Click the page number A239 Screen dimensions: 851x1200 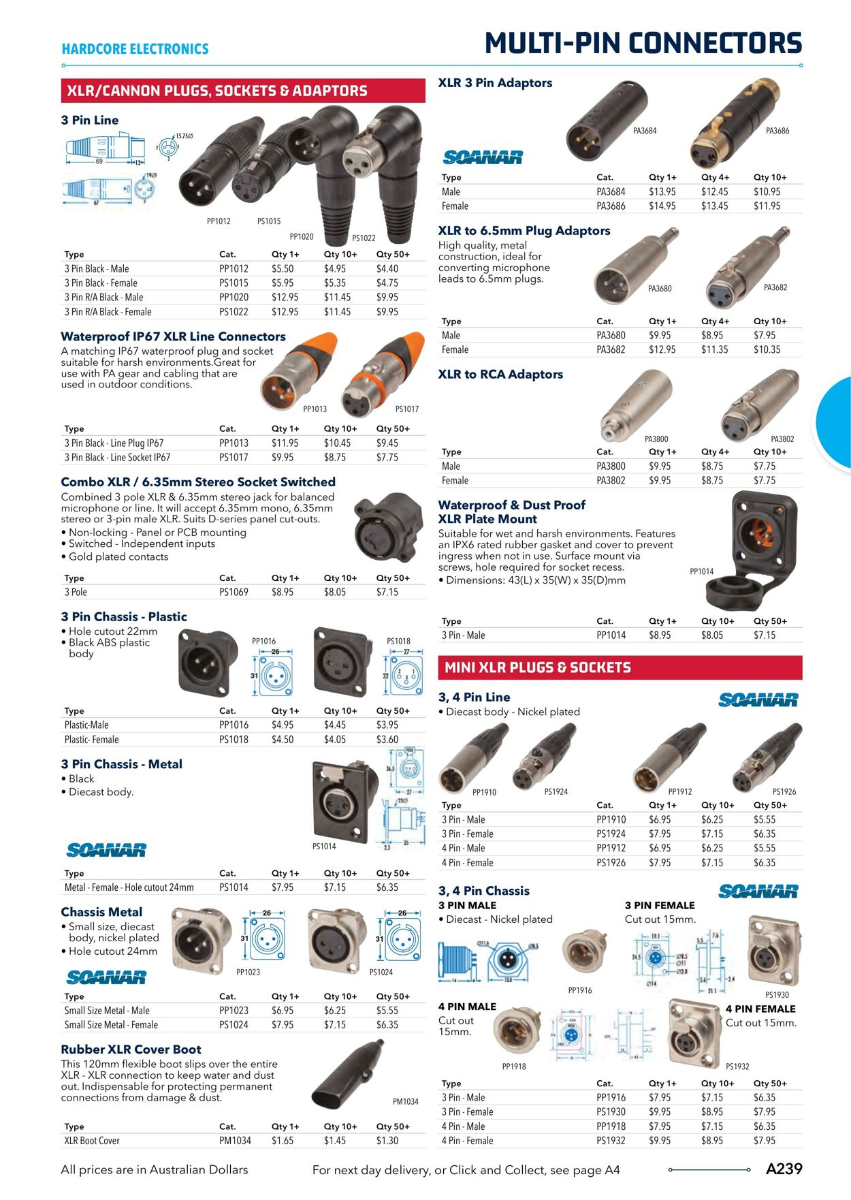(784, 1169)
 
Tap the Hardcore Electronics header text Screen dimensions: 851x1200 (135, 49)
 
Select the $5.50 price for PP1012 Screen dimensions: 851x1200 (283, 268)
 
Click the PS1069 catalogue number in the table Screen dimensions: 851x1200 (234, 592)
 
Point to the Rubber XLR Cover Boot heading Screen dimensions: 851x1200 (131, 1049)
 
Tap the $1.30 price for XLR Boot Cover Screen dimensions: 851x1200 (387, 1140)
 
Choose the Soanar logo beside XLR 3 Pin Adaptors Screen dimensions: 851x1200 (483, 157)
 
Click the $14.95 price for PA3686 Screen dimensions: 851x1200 (662, 206)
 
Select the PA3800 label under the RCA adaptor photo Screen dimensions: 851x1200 (656, 439)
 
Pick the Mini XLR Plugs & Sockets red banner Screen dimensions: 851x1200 (620, 667)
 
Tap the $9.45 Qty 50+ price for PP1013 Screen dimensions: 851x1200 (387, 443)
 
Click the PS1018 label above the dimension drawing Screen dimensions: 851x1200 (398, 641)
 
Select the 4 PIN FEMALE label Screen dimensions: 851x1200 (760, 1009)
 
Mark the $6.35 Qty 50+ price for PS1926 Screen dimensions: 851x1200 (765, 862)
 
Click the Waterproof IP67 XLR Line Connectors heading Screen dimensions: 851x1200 (173, 336)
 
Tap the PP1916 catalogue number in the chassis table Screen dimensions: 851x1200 (611, 1097)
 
